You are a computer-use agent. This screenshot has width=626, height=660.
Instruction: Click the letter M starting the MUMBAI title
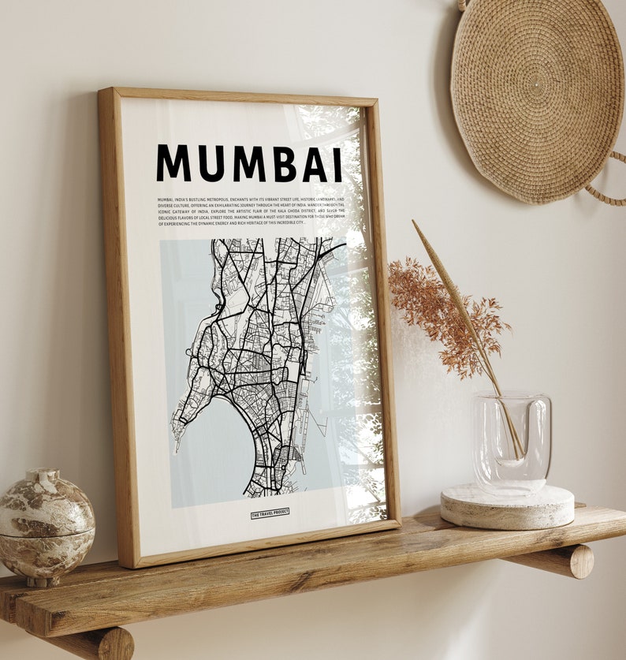click(173, 163)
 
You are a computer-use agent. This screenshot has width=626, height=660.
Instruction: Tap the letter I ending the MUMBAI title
click(337, 165)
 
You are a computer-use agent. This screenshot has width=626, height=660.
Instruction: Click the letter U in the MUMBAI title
click(209, 163)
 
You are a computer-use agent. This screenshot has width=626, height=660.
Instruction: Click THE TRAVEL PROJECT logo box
click(270, 513)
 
